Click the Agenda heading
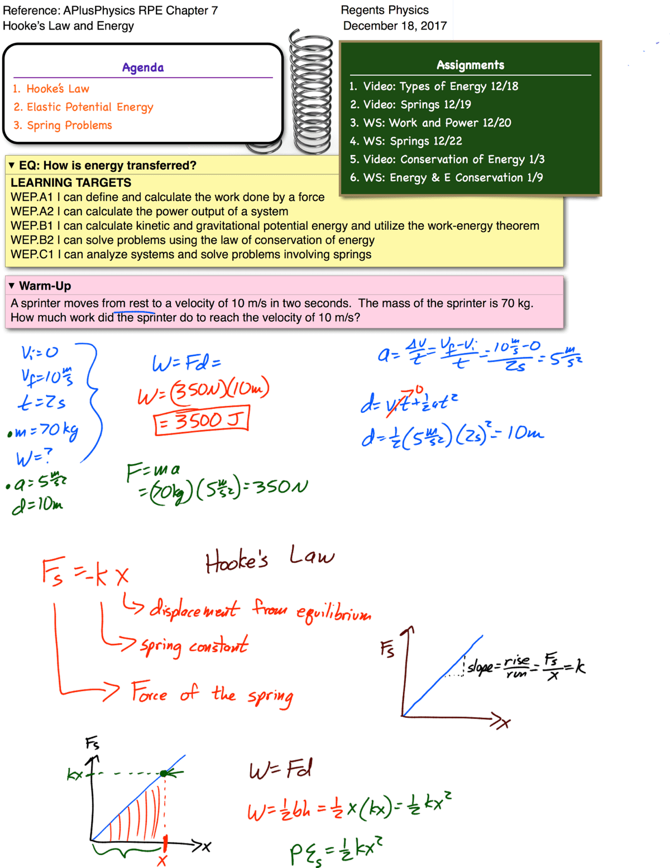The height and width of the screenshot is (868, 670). [x=143, y=67]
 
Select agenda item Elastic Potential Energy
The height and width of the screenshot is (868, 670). [x=89, y=107]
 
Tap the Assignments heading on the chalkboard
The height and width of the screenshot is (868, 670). [x=470, y=65]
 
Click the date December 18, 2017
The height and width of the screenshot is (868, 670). [x=395, y=26]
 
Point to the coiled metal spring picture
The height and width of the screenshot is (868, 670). [x=310, y=92]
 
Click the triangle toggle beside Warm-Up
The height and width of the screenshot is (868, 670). [x=12, y=286]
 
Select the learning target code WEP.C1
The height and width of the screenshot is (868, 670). [x=32, y=254]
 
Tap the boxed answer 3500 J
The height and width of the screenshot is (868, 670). [x=201, y=420]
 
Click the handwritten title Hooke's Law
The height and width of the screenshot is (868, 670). [x=270, y=559]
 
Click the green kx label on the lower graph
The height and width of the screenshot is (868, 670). [x=74, y=774]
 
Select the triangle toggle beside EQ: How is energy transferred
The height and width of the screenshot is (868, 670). [x=12, y=165]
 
